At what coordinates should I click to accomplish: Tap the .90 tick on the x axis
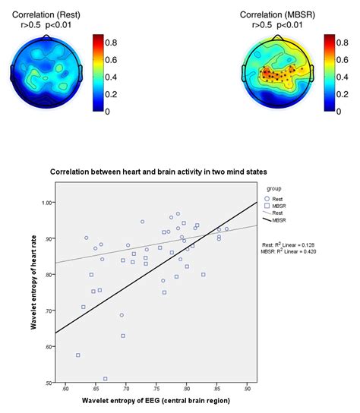point(247,389)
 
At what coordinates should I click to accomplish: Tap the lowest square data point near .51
point(106,378)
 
